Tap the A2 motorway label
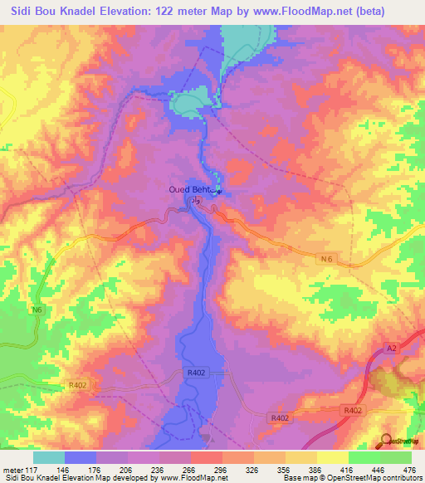(x=392, y=349)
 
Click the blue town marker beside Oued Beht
(x=219, y=193)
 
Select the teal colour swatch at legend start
(x=49, y=457)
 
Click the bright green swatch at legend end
(x=395, y=457)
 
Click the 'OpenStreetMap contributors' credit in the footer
(x=369, y=477)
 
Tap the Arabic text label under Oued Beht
(x=196, y=201)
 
